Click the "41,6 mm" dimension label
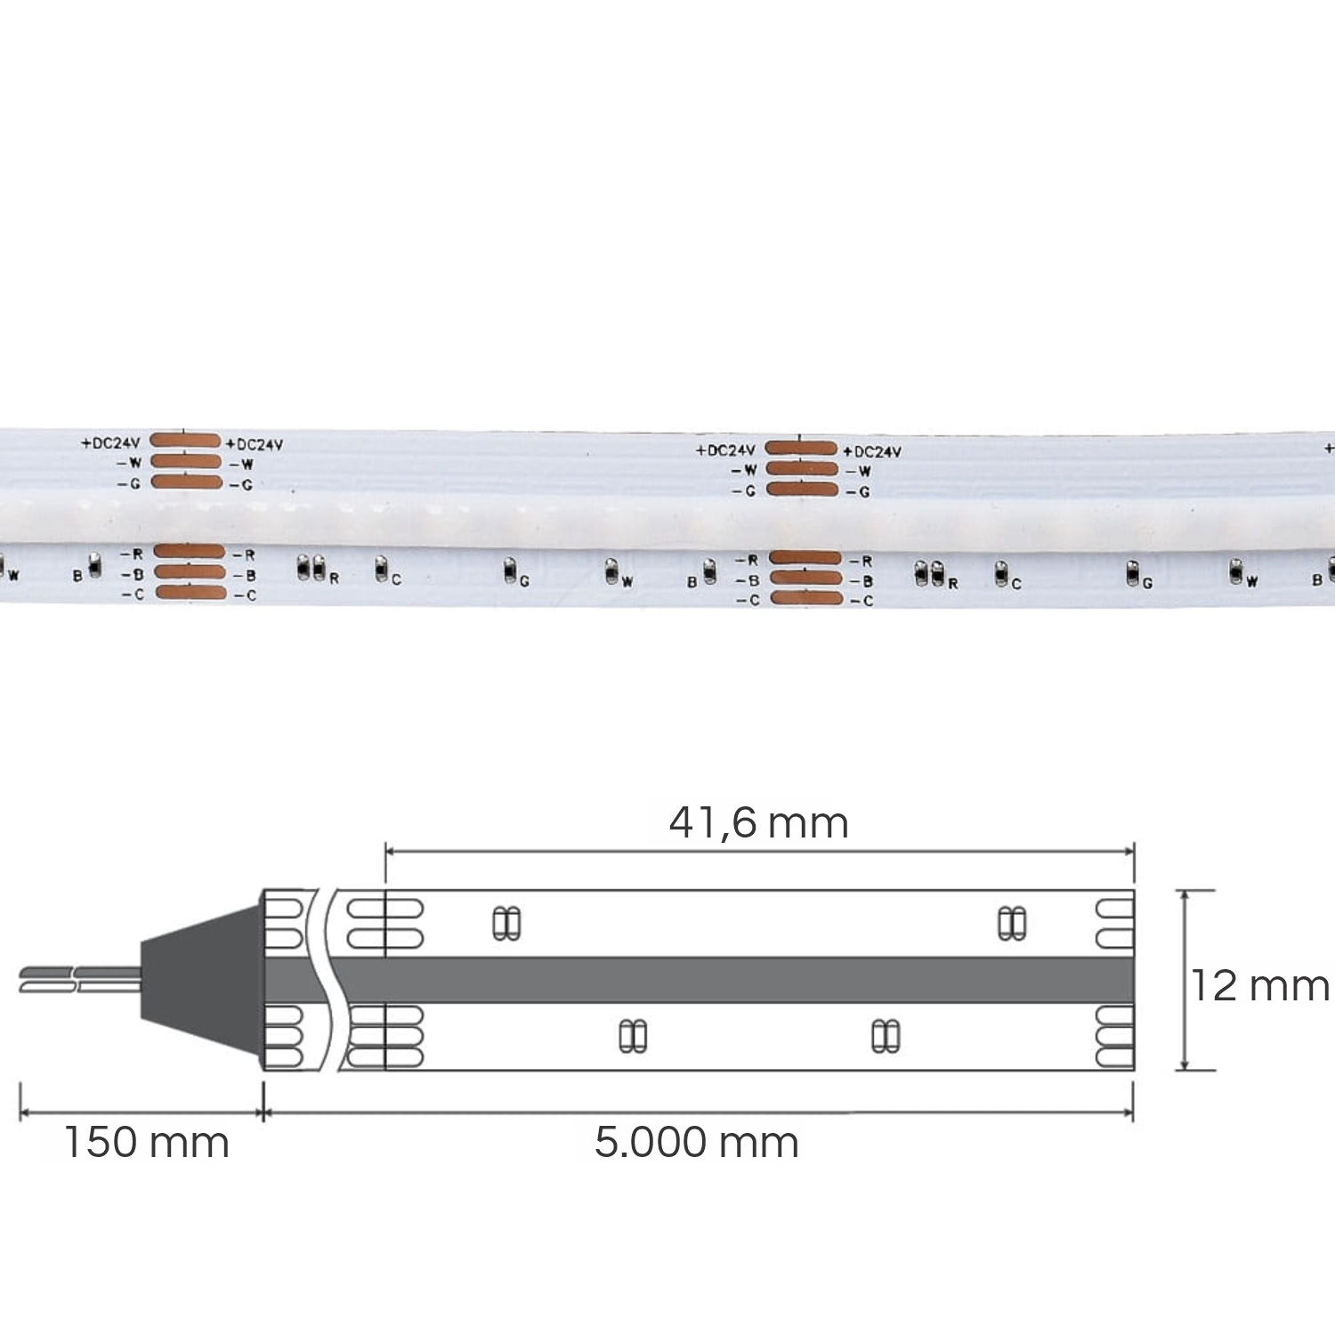click(758, 823)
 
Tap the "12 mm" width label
click(1259, 986)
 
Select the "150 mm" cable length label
click(147, 1143)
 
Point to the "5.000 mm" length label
click(697, 1143)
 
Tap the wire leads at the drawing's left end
click(80, 979)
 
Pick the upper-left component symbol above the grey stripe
click(506, 924)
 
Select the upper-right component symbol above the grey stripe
click(1012, 924)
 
